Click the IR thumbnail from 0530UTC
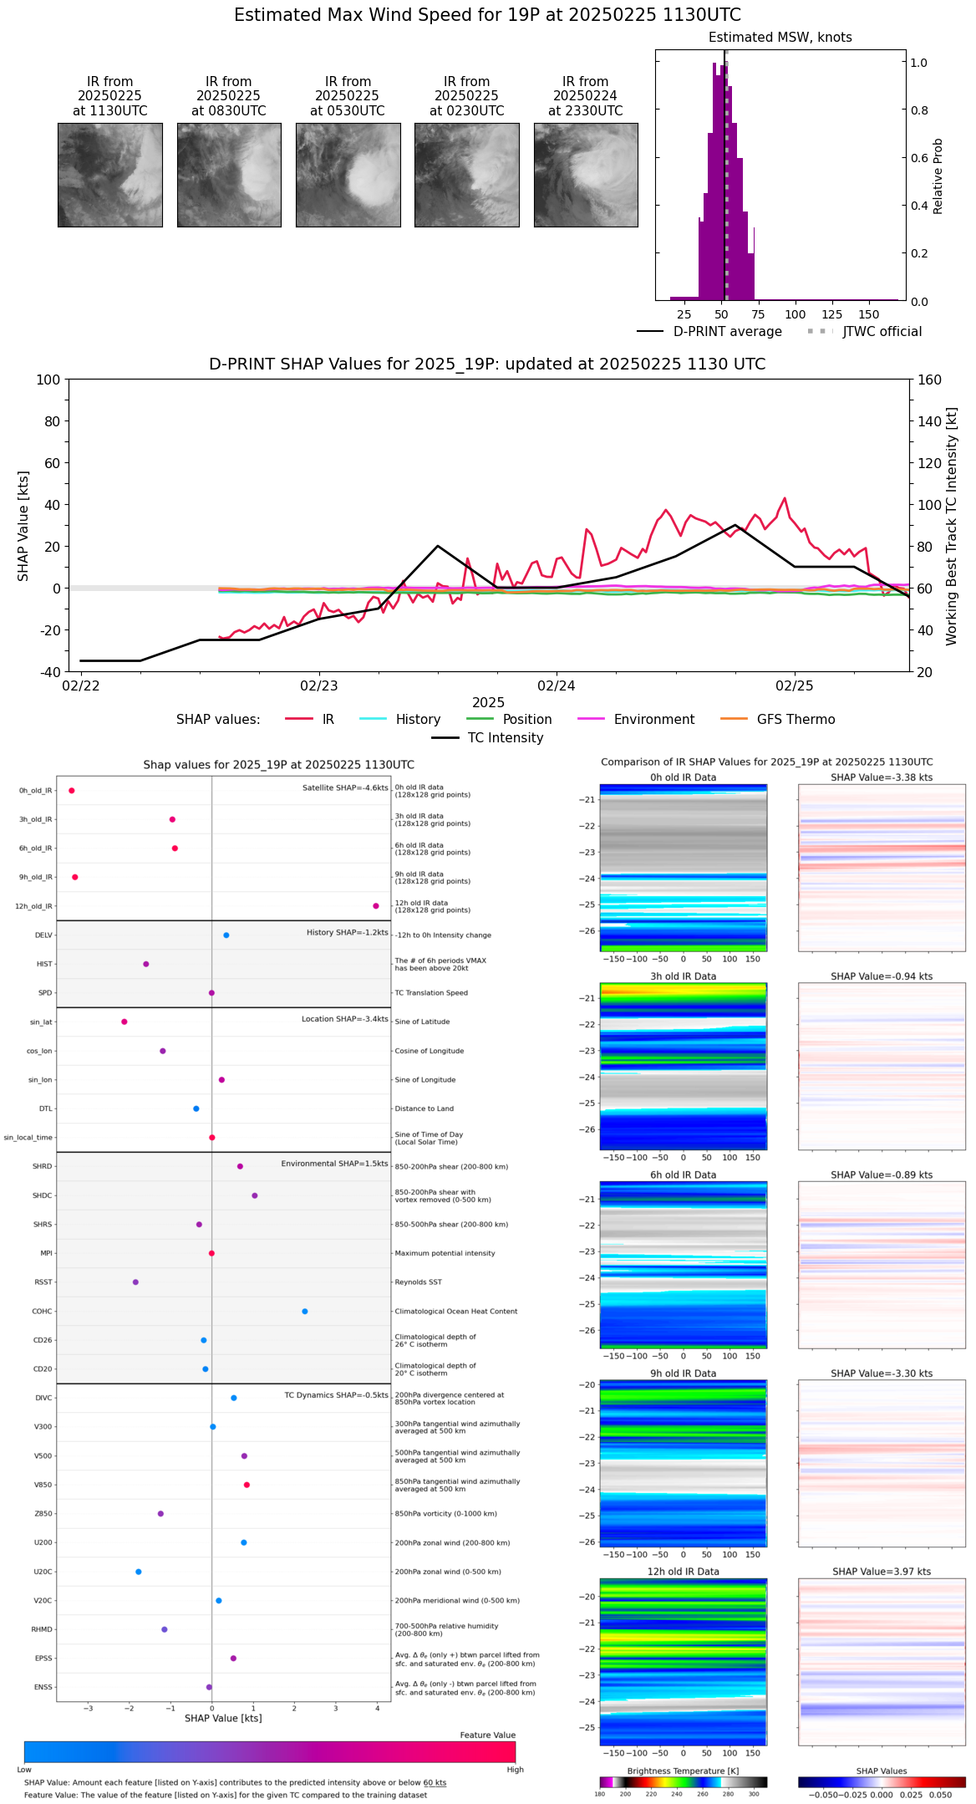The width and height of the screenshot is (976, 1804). pos(348,175)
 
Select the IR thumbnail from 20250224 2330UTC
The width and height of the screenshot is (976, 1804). pos(586,175)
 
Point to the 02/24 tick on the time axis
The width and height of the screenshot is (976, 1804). pos(557,685)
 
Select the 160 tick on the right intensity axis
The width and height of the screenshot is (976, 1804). pos(929,380)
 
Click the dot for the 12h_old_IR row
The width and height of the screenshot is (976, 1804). pos(376,906)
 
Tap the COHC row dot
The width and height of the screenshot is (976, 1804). pos(305,1312)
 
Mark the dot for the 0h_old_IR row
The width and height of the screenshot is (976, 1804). pos(72,791)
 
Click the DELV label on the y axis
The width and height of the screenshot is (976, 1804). pos(43,935)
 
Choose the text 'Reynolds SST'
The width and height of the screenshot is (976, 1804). pos(418,1282)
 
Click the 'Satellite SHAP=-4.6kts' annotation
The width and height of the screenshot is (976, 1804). pos(345,788)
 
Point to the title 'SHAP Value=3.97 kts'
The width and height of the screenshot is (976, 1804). pos(882,1572)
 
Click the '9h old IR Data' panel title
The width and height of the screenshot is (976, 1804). pos(683,1373)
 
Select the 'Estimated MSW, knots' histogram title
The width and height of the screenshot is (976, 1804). pos(780,38)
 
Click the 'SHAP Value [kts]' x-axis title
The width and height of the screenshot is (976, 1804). pos(223,1719)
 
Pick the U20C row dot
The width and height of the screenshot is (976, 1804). pos(139,1572)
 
